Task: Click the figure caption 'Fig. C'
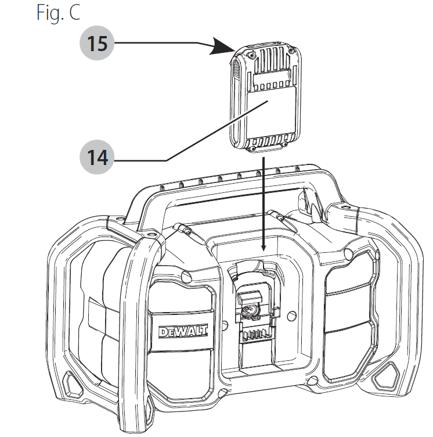(59, 13)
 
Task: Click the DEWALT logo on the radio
(177, 332)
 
